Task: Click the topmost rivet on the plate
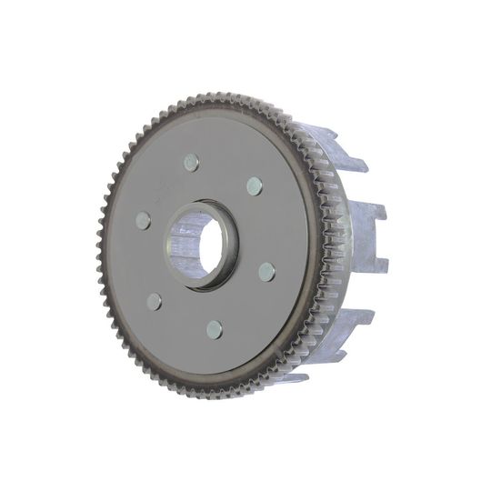click(190, 163)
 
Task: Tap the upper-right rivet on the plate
click(255, 185)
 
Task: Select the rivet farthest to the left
click(143, 220)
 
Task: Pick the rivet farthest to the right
click(266, 271)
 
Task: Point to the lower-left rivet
click(155, 301)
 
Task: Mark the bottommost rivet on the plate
click(215, 328)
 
